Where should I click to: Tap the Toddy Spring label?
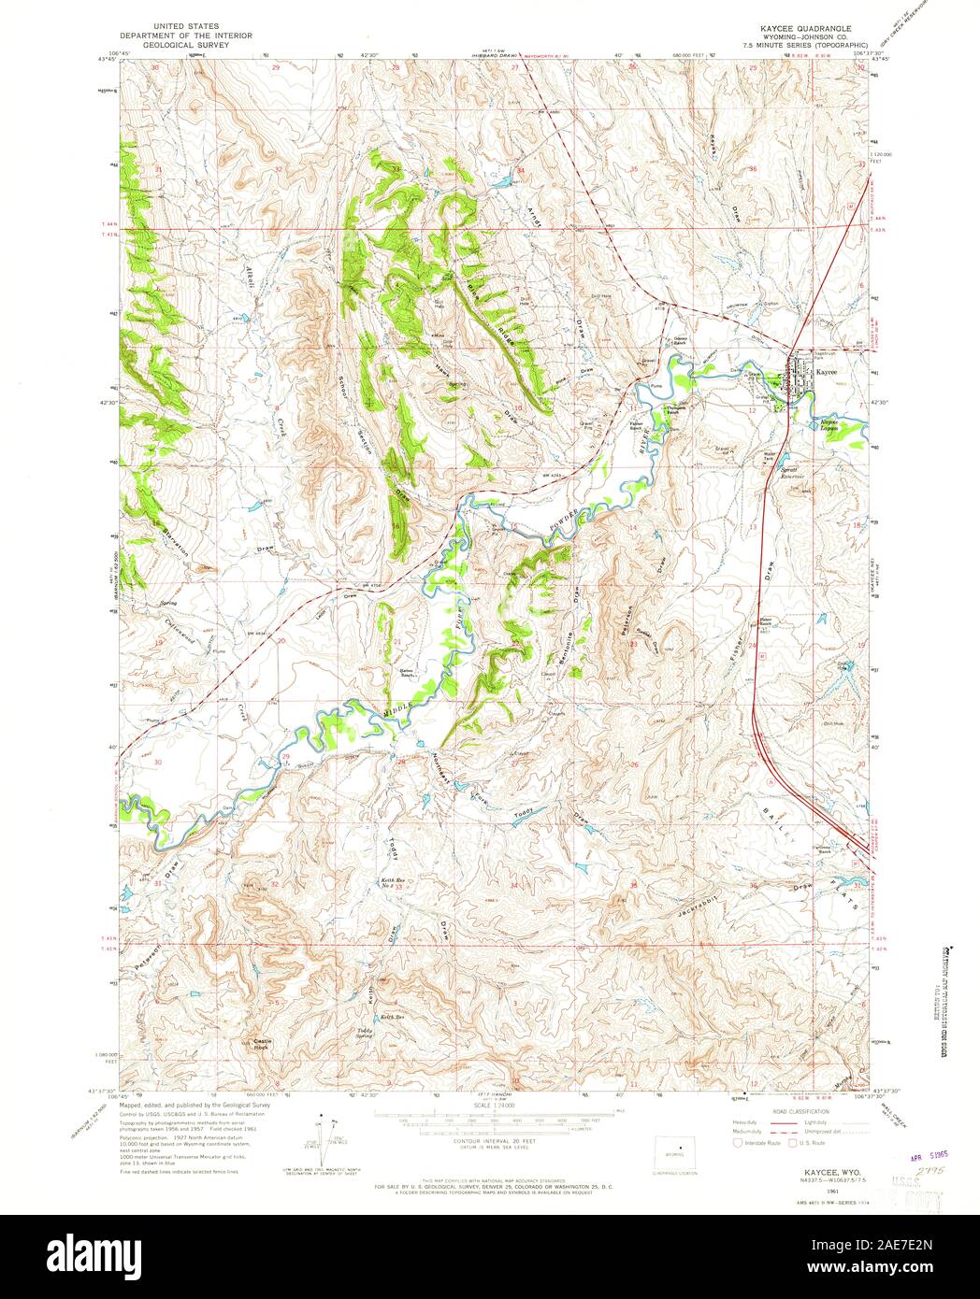[364, 1035]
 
